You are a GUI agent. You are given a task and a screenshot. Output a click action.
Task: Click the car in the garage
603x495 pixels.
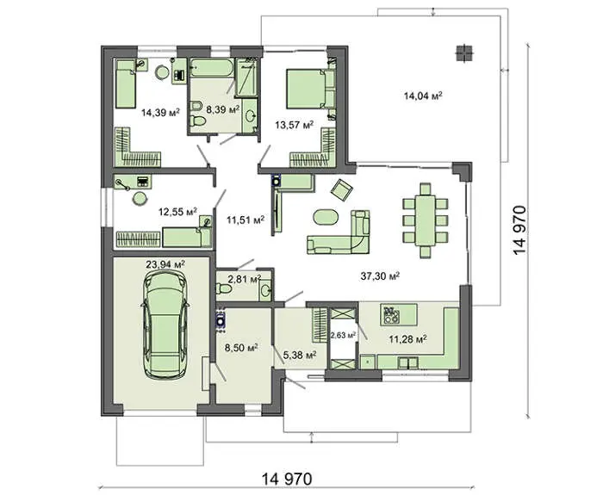(x=165, y=324)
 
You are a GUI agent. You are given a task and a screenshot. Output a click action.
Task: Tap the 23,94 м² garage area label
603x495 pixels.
(x=165, y=264)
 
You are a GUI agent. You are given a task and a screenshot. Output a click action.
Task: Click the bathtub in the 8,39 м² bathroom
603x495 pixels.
(x=212, y=68)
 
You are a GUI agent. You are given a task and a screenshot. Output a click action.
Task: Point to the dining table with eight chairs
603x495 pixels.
(x=425, y=220)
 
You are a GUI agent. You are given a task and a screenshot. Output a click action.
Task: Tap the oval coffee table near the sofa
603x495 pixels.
(x=326, y=217)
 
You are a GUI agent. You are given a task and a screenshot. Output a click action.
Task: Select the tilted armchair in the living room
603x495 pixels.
(x=342, y=190)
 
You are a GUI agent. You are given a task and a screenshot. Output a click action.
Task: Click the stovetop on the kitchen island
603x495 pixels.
(x=390, y=315)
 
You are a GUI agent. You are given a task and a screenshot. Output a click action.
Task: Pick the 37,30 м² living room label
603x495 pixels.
(x=380, y=275)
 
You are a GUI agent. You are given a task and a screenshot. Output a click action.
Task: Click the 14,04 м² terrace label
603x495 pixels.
(x=423, y=96)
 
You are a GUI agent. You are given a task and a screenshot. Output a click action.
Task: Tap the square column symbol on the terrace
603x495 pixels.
(x=464, y=53)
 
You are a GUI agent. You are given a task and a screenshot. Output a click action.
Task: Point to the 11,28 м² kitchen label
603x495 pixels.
(x=407, y=339)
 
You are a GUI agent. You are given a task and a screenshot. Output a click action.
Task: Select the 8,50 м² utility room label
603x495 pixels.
(x=241, y=348)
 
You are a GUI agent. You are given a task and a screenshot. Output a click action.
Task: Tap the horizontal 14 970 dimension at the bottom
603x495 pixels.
(x=287, y=480)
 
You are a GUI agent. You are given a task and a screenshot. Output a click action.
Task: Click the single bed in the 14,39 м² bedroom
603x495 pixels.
(x=126, y=84)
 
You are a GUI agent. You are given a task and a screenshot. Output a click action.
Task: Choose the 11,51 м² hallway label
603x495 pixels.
(x=246, y=220)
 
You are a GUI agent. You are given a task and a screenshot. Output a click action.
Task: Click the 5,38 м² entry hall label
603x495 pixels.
(x=300, y=355)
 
